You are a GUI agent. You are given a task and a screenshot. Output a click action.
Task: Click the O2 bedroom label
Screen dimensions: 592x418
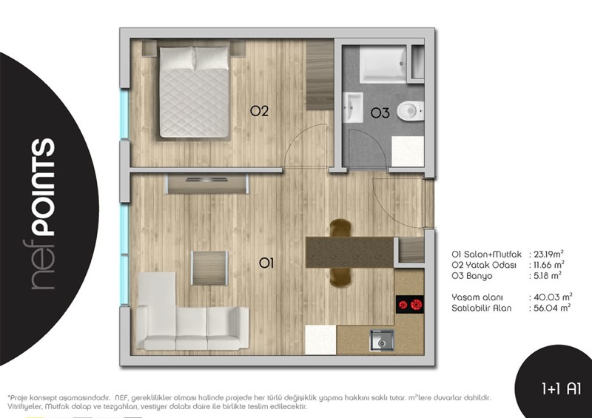[259, 111]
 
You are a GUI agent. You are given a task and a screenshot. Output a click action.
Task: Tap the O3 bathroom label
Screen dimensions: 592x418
[380, 112]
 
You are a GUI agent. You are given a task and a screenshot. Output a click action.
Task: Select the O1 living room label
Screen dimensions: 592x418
[266, 263]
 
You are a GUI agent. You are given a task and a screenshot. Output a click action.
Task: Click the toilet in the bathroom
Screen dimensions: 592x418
[411, 111]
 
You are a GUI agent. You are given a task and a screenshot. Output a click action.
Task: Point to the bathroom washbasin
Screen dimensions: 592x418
[353, 107]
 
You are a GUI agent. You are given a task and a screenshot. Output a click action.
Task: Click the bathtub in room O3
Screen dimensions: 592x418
[383, 64]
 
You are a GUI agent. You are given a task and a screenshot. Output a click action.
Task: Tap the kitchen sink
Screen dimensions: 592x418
[382, 340]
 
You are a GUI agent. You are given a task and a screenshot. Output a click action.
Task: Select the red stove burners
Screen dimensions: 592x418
[410, 304]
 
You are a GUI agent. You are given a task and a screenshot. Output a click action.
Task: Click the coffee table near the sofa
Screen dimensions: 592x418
[209, 268]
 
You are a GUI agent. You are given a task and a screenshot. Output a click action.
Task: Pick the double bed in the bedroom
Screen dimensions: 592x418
[195, 92]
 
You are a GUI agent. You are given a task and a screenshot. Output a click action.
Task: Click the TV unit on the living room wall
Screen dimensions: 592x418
[207, 184]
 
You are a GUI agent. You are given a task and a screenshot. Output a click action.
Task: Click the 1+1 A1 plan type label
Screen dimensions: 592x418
[561, 388]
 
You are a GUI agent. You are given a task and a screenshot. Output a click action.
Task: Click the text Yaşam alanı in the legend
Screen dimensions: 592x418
[477, 297]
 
